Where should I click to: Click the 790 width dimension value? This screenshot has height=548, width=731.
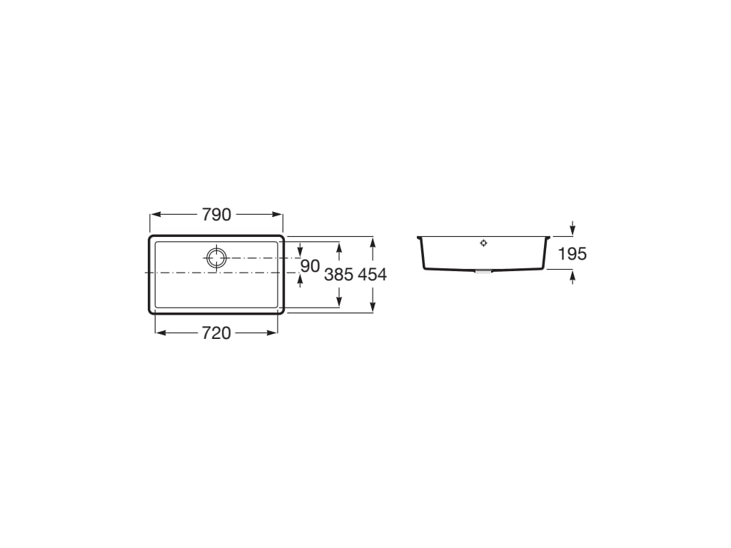[217, 215]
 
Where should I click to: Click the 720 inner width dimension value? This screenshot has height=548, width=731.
[216, 333]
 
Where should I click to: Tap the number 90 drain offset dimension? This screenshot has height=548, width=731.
[310, 266]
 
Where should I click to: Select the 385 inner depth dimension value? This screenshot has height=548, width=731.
[339, 275]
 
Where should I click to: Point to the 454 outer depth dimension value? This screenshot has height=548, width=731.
[373, 275]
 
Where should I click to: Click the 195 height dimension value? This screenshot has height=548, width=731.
[573, 254]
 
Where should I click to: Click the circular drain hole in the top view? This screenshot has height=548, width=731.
[216, 258]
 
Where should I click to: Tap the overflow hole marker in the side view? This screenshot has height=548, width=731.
[483, 243]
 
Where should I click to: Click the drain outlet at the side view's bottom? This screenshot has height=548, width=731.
[483, 270]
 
